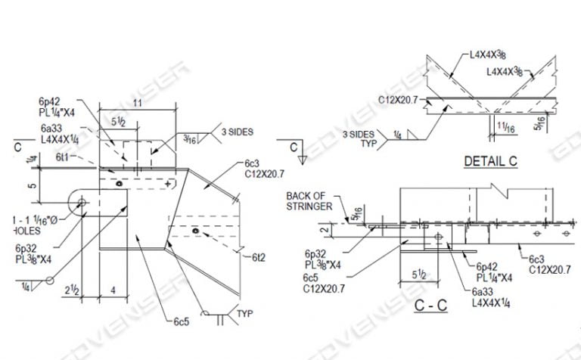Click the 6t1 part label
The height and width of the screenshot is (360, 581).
pyautogui.click(x=63, y=157)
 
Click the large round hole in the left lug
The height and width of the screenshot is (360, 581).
pyautogui.click(x=82, y=202)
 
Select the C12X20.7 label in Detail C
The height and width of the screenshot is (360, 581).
pyautogui.click(x=399, y=99)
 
